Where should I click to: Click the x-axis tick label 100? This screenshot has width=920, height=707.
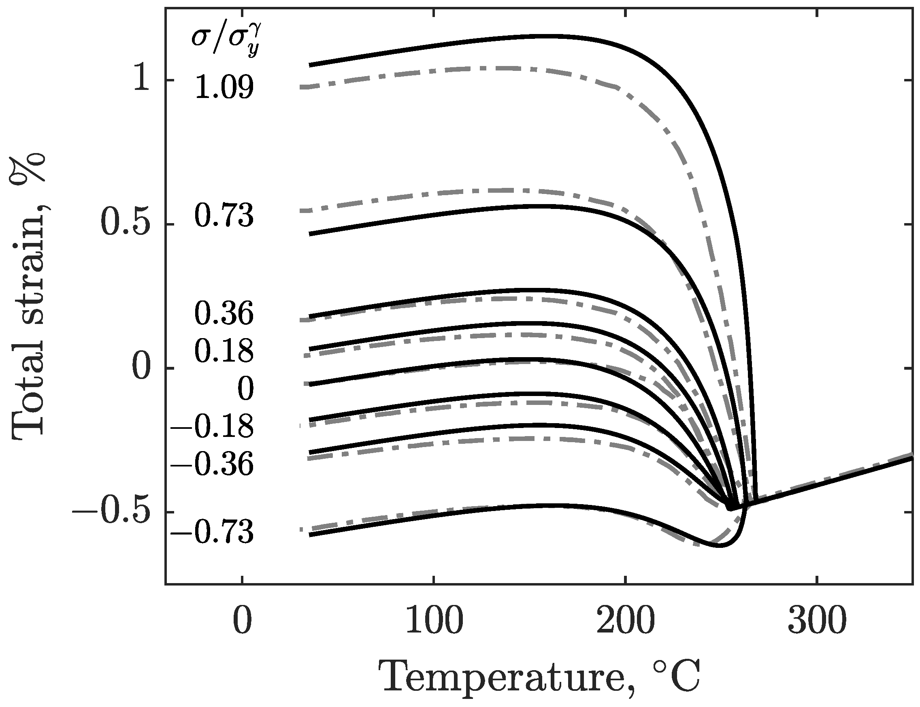click(x=434, y=621)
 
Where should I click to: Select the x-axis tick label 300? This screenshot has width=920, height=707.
click(x=816, y=621)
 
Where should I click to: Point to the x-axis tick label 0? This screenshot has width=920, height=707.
click(x=242, y=621)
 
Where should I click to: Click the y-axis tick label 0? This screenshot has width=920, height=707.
click(x=140, y=368)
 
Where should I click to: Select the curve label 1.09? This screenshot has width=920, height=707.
click(x=224, y=88)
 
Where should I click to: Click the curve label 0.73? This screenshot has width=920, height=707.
click(x=224, y=216)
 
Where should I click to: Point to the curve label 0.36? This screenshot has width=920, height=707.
click(x=224, y=314)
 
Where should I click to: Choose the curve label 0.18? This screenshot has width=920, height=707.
click(x=224, y=351)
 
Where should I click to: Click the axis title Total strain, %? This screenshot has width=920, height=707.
click(x=29, y=297)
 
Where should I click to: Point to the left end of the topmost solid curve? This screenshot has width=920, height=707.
click(x=310, y=65)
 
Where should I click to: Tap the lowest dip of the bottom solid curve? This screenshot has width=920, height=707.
click(x=719, y=546)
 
